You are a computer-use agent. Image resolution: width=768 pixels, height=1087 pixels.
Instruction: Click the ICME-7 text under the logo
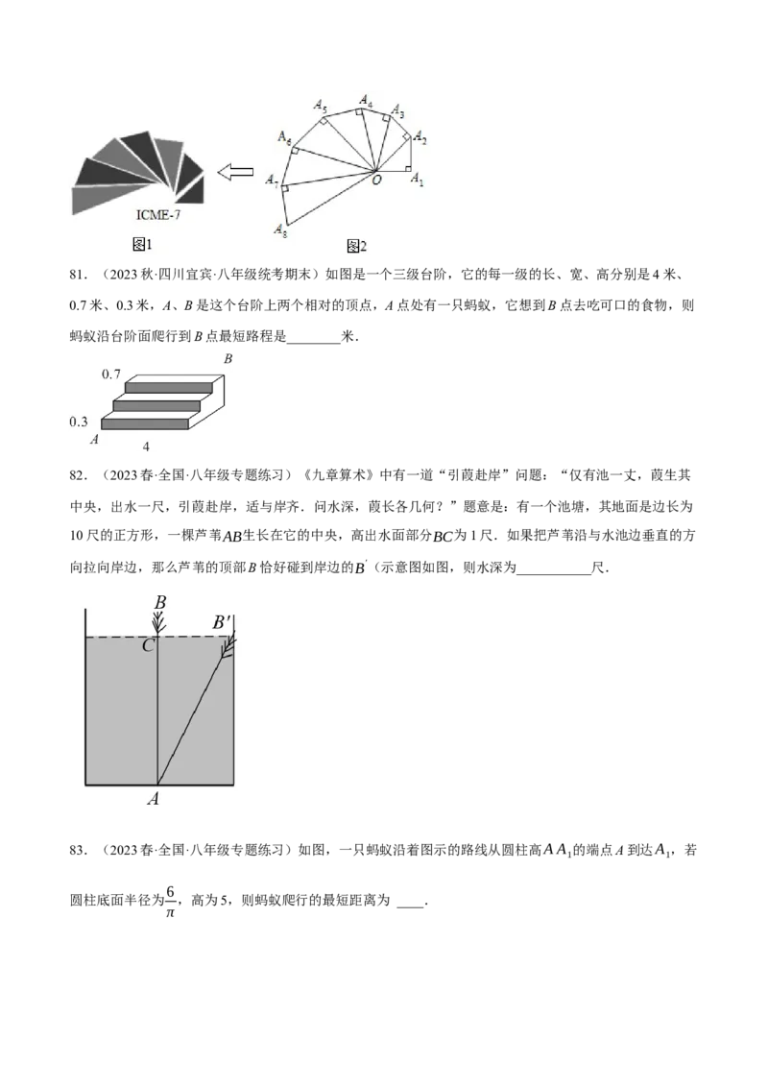[158, 215]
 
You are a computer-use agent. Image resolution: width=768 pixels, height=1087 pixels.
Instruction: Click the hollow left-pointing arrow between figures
[235, 172]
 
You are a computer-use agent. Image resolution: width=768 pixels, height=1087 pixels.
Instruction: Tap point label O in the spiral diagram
[377, 181]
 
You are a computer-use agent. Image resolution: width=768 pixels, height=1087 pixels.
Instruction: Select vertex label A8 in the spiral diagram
[280, 230]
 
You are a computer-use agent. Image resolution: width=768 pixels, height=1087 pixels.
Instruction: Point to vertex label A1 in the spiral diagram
[417, 180]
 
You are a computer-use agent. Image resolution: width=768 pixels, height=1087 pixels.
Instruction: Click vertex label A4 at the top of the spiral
[366, 101]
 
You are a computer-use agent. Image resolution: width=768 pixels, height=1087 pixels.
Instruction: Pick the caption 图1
[141, 244]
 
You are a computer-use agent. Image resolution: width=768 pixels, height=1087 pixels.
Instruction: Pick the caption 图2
[356, 246]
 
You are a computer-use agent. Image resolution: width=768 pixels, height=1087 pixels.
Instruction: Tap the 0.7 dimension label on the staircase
[111, 374]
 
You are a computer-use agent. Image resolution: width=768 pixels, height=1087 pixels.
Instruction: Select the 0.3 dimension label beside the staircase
[79, 422]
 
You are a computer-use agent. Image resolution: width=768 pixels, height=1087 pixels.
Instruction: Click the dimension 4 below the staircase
[146, 447]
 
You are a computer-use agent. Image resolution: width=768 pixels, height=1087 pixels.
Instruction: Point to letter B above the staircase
[228, 359]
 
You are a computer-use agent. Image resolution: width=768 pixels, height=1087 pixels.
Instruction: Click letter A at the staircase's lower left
[94, 440]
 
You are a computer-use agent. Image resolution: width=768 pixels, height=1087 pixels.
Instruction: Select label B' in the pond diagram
[221, 622]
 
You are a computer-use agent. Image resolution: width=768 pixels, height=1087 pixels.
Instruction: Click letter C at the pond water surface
[148, 645]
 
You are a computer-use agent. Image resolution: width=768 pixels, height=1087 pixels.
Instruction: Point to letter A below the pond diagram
[154, 799]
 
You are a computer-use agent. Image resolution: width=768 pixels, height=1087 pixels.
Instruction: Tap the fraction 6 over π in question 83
[171, 901]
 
